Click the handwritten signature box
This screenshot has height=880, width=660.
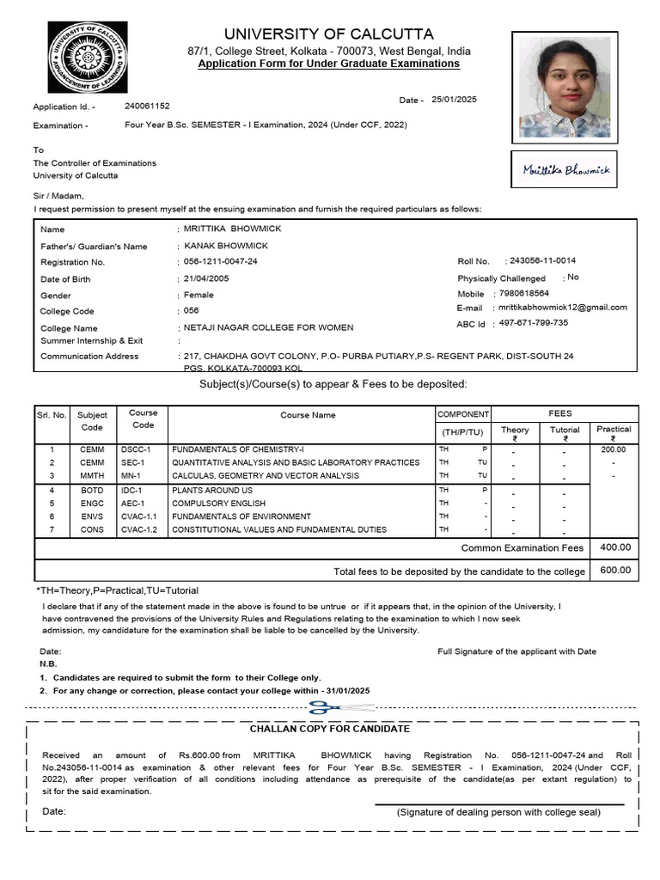pos(565,170)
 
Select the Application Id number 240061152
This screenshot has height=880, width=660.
pos(147,106)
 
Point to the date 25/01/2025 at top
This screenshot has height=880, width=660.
pos(454,100)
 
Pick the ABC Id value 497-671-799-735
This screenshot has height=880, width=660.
pos(533,323)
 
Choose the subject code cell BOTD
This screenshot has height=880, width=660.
pos(92,490)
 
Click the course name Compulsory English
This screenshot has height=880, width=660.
pos(219,503)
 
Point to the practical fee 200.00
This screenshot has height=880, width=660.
pos(613,449)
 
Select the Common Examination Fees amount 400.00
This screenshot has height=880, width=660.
pos(614,547)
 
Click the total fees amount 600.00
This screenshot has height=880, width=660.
pos(614,570)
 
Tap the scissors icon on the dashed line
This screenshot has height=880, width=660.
pos(326,708)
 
